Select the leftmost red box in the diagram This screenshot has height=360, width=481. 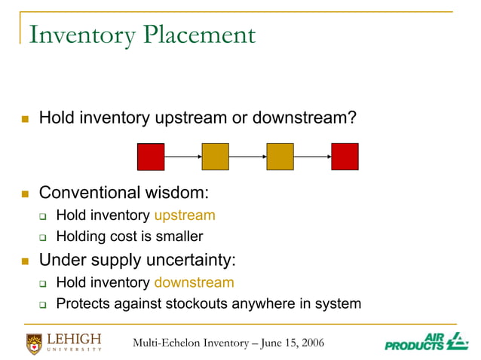point(151,157)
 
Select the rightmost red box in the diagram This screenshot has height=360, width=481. point(345,157)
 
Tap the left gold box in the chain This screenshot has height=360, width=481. point(215,157)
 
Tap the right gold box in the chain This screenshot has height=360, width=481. point(280,157)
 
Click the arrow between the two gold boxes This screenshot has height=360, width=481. point(247,157)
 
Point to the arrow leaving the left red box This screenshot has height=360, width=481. point(182,157)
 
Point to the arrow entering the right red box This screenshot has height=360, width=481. point(312,157)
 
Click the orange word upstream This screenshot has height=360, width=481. point(185,215)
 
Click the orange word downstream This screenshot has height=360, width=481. point(194,282)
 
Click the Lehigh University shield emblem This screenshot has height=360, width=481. point(35,343)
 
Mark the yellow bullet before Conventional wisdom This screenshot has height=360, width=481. point(25,194)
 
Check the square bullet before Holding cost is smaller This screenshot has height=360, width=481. point(44,238)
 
